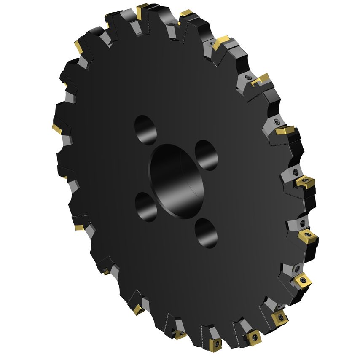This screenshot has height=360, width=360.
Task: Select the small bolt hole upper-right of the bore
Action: pyautogui.click(x=207, y=154)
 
